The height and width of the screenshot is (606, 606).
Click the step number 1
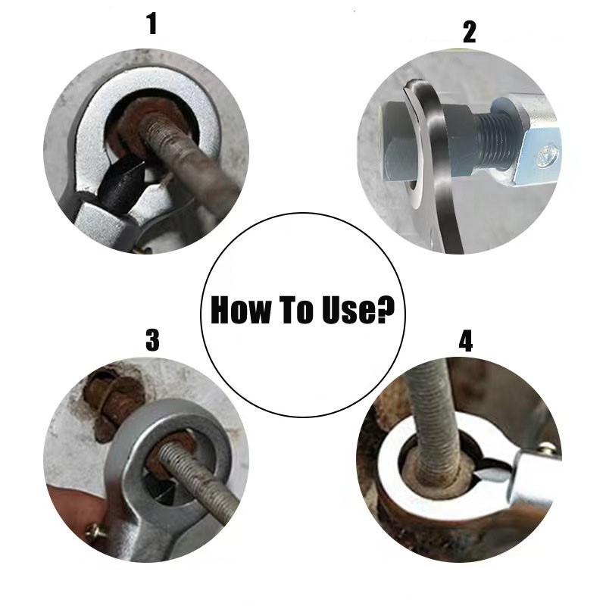click(x=152, y=23)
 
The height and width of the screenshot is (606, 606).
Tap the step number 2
click(x=469, y=32)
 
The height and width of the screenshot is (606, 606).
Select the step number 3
click(x=152, y=339)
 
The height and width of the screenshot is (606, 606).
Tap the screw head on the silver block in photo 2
click(x=547, y=154)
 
